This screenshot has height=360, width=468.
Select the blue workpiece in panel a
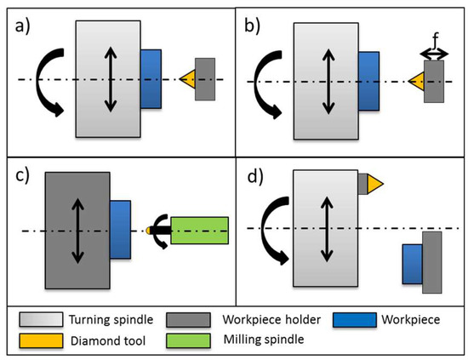[150, 78]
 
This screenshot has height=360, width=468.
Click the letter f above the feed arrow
[435, 39]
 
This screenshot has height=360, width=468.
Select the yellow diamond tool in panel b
[416, 83]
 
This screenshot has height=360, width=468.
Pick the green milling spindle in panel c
[199, 231]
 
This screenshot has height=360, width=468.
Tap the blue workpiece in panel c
[119, 231]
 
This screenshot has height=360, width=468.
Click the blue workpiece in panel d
[413, 263]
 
